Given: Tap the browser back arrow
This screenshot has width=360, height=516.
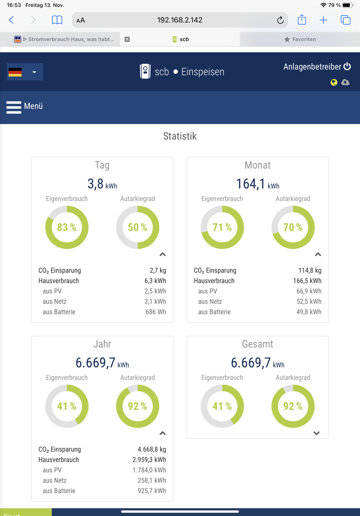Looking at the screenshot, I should point(12,20).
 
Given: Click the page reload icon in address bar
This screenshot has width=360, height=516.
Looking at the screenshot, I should point(280,20).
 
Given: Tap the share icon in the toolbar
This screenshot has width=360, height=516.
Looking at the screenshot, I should point(302,20).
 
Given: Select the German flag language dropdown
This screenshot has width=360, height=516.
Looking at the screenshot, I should point(25,72).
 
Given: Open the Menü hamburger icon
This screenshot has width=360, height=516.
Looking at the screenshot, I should point(14,107).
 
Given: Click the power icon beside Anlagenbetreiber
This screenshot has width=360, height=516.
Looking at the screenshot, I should point(347,66).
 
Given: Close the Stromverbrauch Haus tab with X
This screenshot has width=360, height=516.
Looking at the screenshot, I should point(127,39).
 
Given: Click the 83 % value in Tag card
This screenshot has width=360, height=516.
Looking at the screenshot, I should point(67,227).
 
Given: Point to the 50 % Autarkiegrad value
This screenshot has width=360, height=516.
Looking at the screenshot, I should point(137,227).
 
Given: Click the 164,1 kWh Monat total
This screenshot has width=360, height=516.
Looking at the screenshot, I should point(257,184).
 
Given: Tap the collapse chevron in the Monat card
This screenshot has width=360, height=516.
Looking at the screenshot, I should point(318,254).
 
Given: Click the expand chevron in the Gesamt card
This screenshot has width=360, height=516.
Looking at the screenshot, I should point(316,433).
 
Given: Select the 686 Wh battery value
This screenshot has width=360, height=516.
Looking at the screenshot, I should point(156,312).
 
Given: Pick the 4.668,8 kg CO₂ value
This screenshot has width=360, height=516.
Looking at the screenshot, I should point(152,449).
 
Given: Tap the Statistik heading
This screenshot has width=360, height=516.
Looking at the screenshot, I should point(180,136).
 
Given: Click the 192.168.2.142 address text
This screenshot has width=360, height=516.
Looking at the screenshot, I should point(180,20).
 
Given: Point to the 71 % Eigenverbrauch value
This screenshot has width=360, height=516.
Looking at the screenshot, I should point(222,227).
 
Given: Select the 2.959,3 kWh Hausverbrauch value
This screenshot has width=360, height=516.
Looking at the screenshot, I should point(149,460).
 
